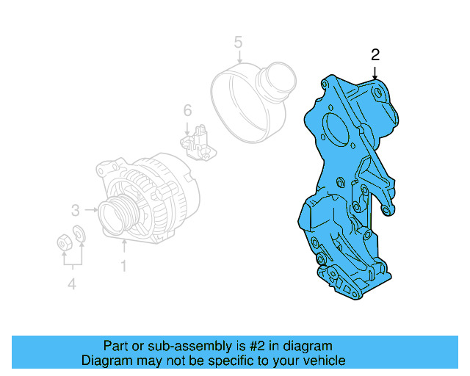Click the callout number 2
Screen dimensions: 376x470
tap(375, 54)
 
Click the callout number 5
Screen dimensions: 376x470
tap(238, 42)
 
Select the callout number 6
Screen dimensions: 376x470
tap(187, 110)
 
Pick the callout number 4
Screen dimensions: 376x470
tap(71, 284)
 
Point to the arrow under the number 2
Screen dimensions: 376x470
tap(375, 72)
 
